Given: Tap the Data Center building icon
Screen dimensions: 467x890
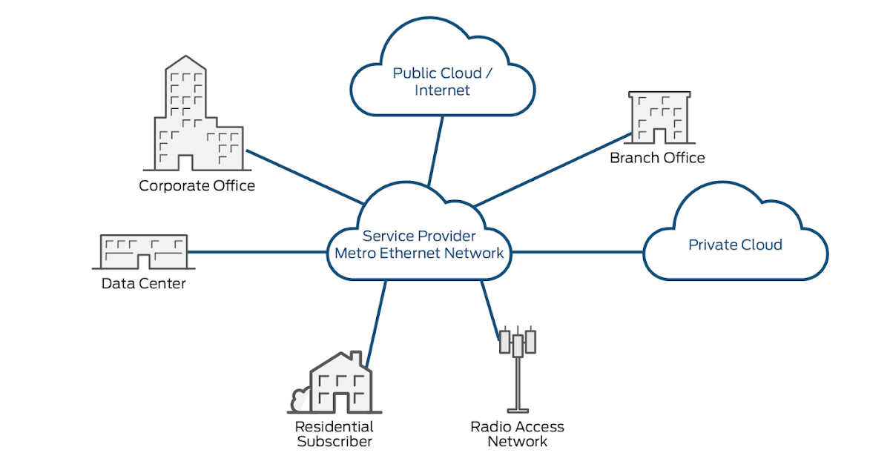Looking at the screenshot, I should pyautogui.click(x=143, y=252).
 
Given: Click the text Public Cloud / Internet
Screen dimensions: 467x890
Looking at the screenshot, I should pyautogui.click(x=442, y=82).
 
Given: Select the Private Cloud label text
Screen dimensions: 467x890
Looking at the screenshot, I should pyautogui.click(x=735, y=245).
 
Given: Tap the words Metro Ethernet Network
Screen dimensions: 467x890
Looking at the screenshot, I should pyautogui.click(x=419, y=254).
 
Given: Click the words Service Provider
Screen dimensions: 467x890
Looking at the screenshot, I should pyautogui.click(x=419, y=236).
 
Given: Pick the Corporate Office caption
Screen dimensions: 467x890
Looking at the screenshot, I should pyautogui.click(x=197, y=185).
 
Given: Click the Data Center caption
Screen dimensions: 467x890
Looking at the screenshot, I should pyautogui.click(x=143, y=283).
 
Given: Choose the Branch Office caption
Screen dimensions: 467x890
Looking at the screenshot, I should pyautogui.click(x=657, y=158).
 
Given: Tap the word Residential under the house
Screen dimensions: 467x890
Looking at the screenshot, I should pyautogui.click(x=334, y=427).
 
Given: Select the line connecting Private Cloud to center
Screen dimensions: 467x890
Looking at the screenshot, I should pyautogui.click(x=578, y=252).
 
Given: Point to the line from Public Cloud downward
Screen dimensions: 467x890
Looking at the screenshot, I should pyautogui.click(x=436, y=148).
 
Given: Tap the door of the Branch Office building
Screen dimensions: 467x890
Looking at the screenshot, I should pyautogui.click(x=658, y=135).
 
